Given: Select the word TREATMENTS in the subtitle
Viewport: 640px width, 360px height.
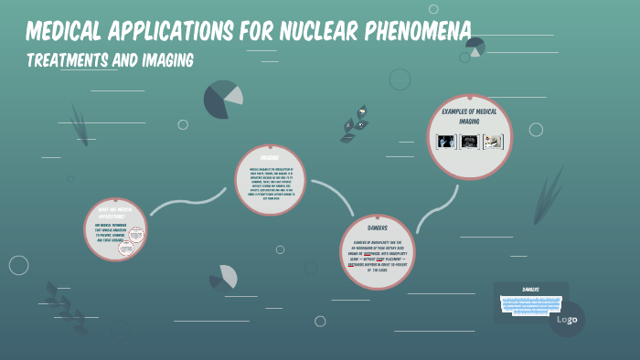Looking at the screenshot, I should pos(68,60).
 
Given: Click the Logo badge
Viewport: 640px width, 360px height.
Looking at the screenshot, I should pos(567,319).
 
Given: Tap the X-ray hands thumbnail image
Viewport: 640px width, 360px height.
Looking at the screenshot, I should pos(446,142).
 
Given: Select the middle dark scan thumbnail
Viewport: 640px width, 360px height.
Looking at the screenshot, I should pos(470,142).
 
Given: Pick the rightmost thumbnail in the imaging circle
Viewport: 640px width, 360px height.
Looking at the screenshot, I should pos(494,142).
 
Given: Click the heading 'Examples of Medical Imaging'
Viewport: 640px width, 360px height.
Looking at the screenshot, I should pos(470,116).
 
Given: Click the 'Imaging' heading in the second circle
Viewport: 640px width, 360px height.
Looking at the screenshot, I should pos(269,157).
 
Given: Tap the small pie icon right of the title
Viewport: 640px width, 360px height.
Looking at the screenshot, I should pos(474,47).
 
